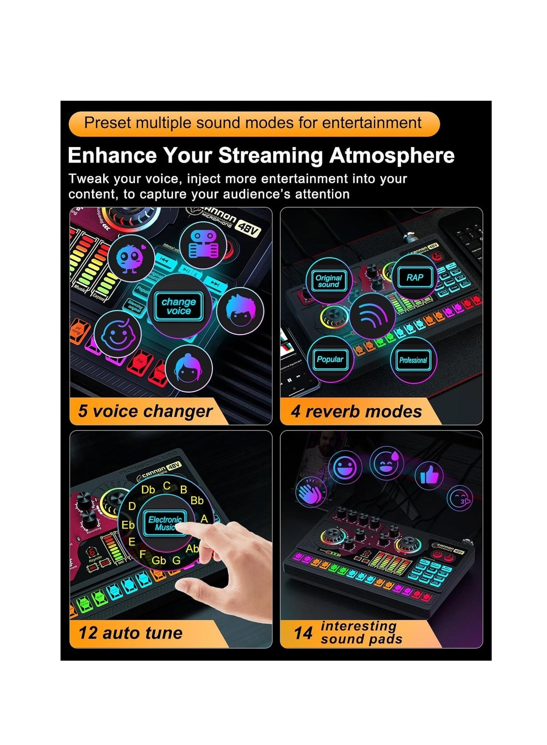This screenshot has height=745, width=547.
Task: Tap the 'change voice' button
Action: click(179, 306)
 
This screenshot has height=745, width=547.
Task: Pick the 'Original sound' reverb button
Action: click(329, 281)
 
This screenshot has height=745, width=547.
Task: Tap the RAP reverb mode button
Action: click(415, 277)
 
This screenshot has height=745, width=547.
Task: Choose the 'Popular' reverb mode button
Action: click(330, 359)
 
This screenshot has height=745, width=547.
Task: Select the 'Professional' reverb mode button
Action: click(413, 360)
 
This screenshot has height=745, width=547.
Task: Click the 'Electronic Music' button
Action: click(164, 523)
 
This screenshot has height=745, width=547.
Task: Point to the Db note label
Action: click(148, 490)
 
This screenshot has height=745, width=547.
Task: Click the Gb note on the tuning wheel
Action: click(159, 560)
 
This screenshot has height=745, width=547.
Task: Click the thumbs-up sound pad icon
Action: click(429, 476)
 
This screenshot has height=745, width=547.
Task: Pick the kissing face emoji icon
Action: click(460, 498)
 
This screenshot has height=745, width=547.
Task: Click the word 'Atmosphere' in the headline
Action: click(392, 155)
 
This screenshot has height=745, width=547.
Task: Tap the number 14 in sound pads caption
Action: click(303, 633)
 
